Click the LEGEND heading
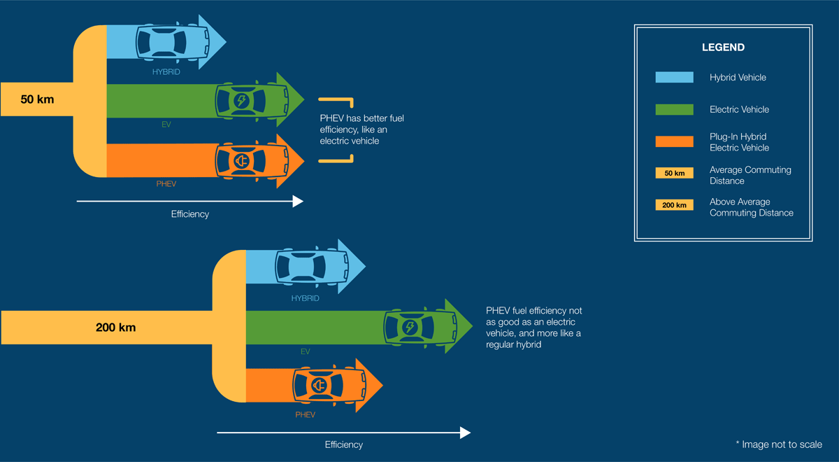tap(723, 48)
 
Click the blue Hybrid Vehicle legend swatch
tap(674, 78)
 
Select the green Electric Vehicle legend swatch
tap(674, 110)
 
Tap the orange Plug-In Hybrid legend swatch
tap(674, 141)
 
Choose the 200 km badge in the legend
tap(674, 206)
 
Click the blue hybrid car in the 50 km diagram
tap(171, 41)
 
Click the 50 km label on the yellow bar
tap(37, 99)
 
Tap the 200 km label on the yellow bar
tap(116, 327)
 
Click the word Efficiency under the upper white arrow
tap(190, 214)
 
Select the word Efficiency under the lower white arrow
tap(344, 444)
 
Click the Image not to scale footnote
tap(779, 444)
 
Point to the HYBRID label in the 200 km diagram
tap(305, 299)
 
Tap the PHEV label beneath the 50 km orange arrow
tap(166, 184)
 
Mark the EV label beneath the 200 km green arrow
tap(306, 351)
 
